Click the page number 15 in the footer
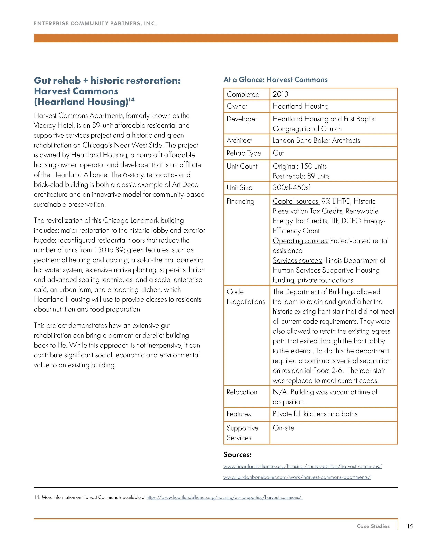click(x=410, y=526)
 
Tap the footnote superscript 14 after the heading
click(x=131, y=99)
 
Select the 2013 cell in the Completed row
click(x=280, y=94)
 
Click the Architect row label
click(x=239, y=140)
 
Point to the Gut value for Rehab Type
click(x=278, y=153)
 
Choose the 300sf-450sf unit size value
click(x=291, y=187)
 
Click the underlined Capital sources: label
click(x=296, y=201)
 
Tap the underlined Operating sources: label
click(x=300, y=241)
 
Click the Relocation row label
click(x=242, y=392)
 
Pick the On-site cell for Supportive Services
click(x=283, y=428)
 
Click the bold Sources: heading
click(x=237, y=455)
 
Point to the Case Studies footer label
click(x=373, y=526)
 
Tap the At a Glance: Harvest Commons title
click(x=275, y=80)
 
